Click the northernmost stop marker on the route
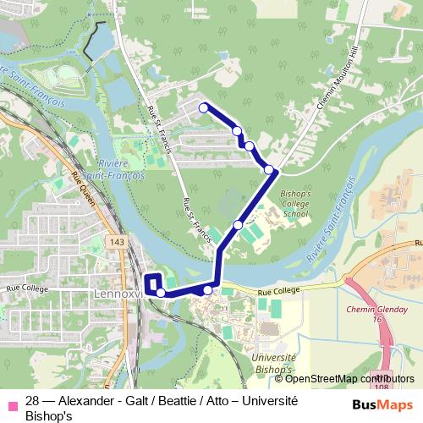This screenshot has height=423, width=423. click(203, 107)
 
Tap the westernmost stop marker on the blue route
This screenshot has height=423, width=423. click(160, 293)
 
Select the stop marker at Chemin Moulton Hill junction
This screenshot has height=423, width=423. click(269, 170)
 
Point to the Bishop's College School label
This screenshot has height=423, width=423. click(295, 204)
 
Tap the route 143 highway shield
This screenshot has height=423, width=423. click(117, 243)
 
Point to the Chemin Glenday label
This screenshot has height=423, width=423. click(373, 310)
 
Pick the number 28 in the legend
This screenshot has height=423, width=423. click(33, 401)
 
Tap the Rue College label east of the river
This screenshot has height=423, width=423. click(275, 290)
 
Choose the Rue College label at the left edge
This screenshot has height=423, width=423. click(25, 288)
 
